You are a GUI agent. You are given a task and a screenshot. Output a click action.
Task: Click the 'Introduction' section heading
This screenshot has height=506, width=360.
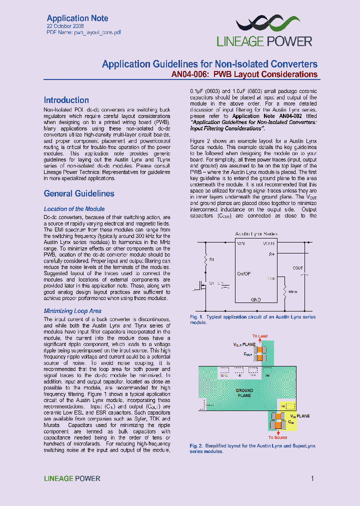(x=66, y=100)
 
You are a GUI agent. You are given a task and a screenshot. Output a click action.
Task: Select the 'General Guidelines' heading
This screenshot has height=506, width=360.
(x=79, y=193)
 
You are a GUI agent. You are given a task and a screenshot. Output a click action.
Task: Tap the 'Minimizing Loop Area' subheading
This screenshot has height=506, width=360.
(x=72, y=311)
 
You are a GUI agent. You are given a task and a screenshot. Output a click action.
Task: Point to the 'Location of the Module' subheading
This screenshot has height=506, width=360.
(x=74, y=209)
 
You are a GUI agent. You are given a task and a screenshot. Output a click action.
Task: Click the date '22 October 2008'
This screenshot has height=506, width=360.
(x=65, y=26)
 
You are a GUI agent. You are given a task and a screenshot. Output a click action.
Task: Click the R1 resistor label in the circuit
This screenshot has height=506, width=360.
(x=212, y=260)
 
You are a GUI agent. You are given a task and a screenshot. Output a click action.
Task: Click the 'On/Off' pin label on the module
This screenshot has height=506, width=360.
(x=244, y=273)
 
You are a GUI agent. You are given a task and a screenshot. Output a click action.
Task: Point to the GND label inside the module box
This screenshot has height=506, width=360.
(x=255, y=299)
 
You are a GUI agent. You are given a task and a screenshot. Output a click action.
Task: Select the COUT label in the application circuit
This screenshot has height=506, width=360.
(x=298, y=268)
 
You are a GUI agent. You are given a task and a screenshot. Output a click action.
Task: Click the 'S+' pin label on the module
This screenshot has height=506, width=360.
(x=272, y=254)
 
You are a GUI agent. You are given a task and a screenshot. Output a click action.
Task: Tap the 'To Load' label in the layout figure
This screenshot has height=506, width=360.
(x=260, y=336)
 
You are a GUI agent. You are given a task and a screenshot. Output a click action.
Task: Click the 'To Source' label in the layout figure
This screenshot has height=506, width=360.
(x=277, y=437)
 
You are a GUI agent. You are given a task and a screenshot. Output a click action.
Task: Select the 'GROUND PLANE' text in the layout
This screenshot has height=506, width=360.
(x=244, y=392)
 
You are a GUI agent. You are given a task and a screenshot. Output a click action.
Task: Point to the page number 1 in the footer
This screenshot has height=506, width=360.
(x=312, y=478)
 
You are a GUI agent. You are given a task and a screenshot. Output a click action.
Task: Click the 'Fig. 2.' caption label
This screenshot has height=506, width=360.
(x=196, y=445)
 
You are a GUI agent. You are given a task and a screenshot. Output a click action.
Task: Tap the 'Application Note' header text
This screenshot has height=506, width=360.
(x=77, y=18)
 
